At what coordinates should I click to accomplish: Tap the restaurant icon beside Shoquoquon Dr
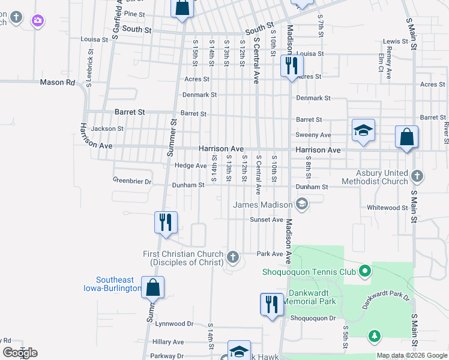271,304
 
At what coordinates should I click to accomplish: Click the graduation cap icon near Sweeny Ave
363,131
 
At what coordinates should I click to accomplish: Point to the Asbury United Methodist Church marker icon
418,176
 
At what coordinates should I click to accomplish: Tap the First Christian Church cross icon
233,258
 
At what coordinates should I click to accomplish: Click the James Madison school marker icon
302,205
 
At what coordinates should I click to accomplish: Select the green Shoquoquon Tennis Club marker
363,272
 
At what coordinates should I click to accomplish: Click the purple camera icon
38,21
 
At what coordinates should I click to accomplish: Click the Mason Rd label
58,82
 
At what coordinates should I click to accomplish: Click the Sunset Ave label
267,220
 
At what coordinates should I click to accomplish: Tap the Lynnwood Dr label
174,323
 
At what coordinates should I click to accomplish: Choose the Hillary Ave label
168,342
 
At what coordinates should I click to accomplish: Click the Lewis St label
395,41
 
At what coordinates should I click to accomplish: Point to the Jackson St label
107,128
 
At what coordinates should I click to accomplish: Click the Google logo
20,353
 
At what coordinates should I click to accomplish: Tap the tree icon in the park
374,334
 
